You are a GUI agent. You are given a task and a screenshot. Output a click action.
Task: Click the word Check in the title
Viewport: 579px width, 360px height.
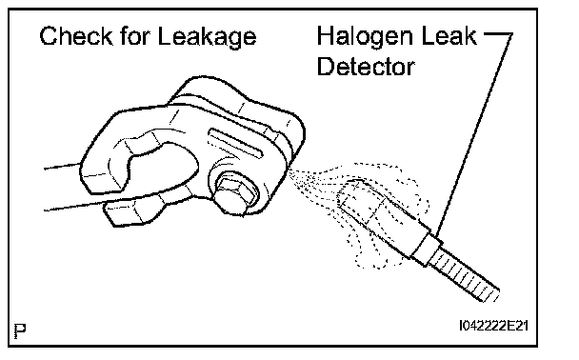tap(75, 36)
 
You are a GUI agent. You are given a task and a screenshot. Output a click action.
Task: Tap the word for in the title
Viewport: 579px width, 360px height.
tap(135, 36)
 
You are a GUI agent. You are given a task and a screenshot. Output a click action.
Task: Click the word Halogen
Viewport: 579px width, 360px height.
tap(365, 37)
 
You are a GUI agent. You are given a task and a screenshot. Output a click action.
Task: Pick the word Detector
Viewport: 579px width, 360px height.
tap(366, 67)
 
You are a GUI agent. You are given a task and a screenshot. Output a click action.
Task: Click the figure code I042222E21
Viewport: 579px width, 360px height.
tap(493, 326)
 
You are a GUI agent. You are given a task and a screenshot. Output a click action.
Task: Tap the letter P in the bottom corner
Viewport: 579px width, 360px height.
tap(20, 330)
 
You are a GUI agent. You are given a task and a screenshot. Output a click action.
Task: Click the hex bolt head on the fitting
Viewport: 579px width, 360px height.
tap(234, 194)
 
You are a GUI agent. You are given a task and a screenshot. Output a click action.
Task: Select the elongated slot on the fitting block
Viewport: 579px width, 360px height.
tap(235, 142)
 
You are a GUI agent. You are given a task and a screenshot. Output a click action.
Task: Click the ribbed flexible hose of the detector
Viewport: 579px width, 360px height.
tap(465, 274)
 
